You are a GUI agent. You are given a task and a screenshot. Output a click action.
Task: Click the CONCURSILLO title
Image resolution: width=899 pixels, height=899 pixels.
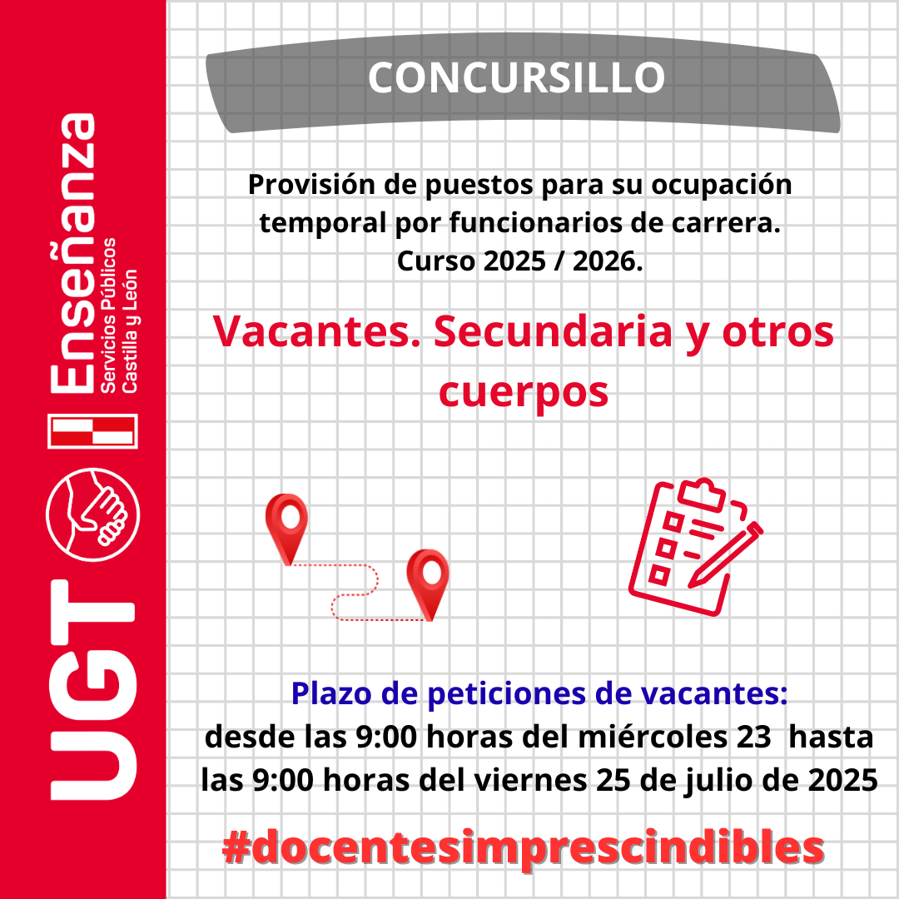pos(517,77)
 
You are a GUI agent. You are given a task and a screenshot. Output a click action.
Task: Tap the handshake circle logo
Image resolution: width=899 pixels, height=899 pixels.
pos(93,514)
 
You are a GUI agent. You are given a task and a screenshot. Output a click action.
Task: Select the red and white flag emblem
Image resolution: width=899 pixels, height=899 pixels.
pos(93,430)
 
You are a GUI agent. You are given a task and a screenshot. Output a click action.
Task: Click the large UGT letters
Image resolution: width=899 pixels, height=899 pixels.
pos(93,690)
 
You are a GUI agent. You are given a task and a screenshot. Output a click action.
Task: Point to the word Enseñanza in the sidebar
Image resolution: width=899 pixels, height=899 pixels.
pos(72,253)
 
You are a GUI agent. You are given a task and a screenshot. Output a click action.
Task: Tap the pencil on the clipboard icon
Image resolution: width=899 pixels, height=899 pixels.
pos(725,554)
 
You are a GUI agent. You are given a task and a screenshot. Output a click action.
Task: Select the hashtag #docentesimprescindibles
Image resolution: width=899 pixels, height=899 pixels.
pos(523,848)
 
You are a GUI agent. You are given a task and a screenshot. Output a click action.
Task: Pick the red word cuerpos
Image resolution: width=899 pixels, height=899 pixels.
pos(524,393)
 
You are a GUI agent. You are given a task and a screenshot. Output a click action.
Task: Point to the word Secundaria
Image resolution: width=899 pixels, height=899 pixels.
pos(553,331)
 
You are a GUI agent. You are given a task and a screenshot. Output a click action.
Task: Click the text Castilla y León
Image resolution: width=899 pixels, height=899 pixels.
pos(130,331)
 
